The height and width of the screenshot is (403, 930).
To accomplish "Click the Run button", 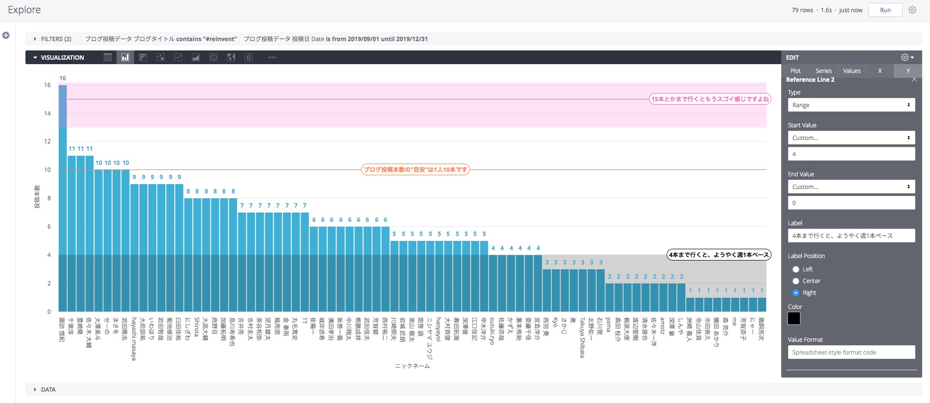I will coord(885,10).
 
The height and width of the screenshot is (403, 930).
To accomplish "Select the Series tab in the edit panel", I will coord(823,71).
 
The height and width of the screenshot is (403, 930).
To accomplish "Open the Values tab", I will coord(852,71).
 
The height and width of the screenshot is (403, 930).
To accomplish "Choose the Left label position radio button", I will coord(796,269).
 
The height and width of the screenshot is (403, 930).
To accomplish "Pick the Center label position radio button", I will coord(796,281).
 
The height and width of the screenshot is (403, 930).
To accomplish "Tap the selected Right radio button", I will coord(796,293).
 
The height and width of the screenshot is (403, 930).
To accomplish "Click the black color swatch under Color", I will coord(794,318).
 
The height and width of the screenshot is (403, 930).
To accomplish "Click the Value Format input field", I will coord(851,353).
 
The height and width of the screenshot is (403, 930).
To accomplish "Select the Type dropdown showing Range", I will coord(851,105).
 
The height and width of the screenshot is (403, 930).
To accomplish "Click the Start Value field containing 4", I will coord(851,154).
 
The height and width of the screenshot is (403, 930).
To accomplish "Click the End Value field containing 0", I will coord(851,203).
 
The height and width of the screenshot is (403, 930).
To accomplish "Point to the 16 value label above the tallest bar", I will coord(63,78).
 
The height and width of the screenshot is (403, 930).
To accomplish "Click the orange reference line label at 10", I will coord(415,170).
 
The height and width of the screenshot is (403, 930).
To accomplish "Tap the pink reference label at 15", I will coord(710,99).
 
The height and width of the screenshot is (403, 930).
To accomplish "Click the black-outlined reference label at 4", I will coord(719,255).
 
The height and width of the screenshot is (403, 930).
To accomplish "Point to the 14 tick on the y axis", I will coord(47,114).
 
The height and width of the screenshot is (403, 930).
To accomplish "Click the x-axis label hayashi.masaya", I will coord(134,338).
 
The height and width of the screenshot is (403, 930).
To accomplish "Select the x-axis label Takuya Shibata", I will coord(582,337).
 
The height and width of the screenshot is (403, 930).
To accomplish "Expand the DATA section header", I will coord(48,390).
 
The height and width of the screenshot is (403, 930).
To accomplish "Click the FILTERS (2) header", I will coord(56,39).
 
